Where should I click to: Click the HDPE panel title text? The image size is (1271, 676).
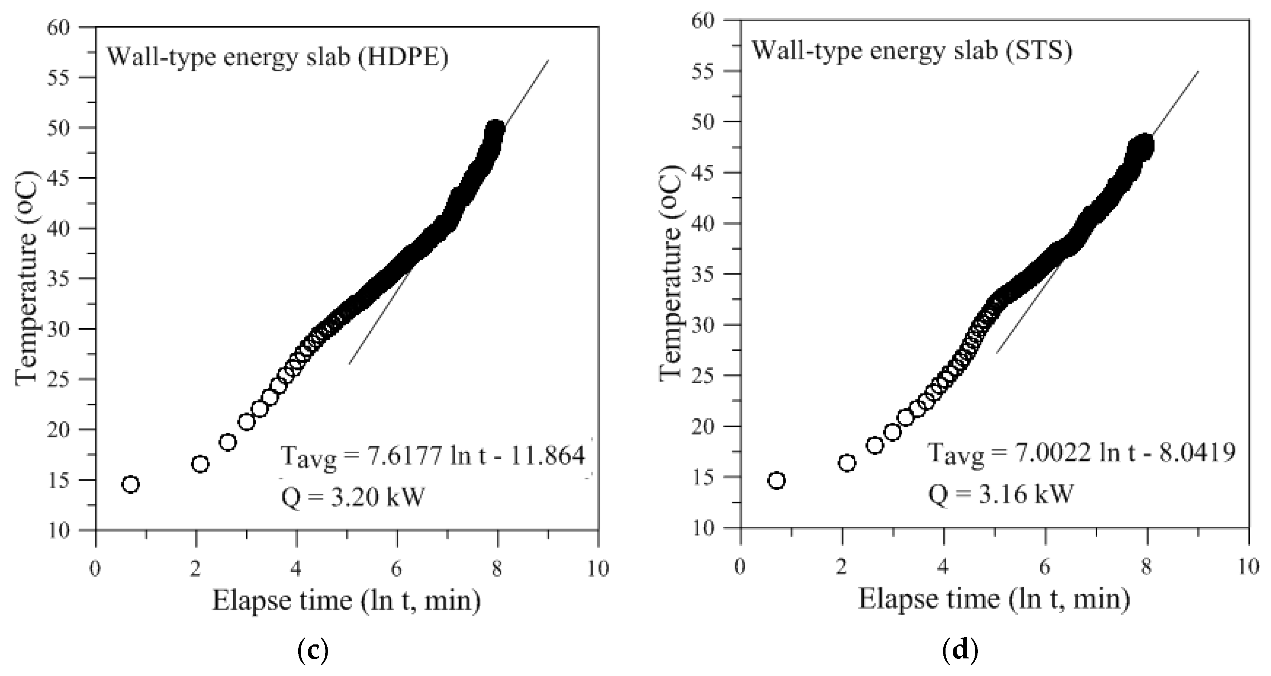tap(278, 57)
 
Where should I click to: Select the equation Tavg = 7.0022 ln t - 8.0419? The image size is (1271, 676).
tap(1082, 452)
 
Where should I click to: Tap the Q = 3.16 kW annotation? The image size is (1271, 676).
tap(1000, 493)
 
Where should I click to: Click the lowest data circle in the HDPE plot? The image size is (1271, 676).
tap(130, 484)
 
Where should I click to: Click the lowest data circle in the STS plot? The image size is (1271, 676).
tap(777, 480)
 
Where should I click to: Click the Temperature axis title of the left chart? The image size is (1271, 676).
tap(26, 279)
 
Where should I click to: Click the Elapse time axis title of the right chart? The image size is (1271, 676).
tap(994, 599)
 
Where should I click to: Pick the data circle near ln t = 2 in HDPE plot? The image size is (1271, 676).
tap(200, 464)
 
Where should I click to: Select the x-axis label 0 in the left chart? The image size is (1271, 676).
tap(95, 569)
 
